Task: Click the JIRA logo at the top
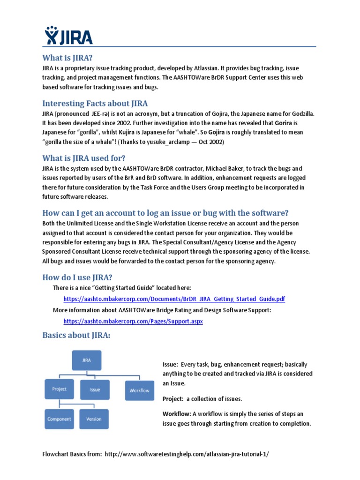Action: (68, 36)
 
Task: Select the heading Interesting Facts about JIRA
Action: (95, 103)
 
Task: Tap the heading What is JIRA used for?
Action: (84, 157)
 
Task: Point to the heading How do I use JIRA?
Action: (77, 277)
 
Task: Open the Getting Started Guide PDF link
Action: (174, 299)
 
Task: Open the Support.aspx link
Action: (133, 322)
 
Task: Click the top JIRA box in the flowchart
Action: (86, 360)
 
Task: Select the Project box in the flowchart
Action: (59, 389)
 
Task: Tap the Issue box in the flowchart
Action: (95, 390)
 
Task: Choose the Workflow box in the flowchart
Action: (139, 390)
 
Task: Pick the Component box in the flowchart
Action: (59, 419)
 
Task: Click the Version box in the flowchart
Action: (94, 419)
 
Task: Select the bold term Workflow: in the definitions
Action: (177, 414)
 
